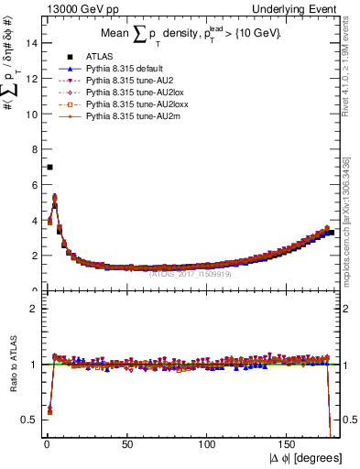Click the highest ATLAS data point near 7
[49, 167]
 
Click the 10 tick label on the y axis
[30, 114]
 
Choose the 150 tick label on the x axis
[289, 444]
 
